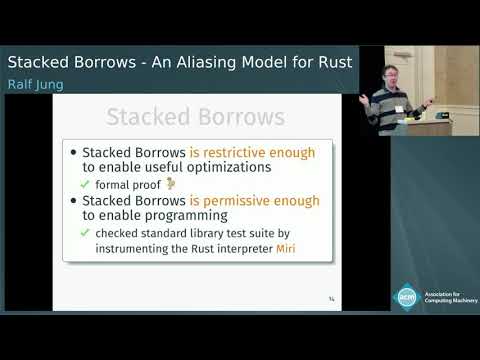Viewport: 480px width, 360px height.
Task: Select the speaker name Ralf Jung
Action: [x=35, y=85]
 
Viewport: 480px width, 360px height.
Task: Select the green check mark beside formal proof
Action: [x=86, y=185]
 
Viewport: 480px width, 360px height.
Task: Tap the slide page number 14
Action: [x=331, y=298]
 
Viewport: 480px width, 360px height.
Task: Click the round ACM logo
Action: [x=407, y=296]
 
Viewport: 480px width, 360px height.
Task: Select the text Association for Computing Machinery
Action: [x=449, y=297]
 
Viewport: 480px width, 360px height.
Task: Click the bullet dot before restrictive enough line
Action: [x=73, y=153]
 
